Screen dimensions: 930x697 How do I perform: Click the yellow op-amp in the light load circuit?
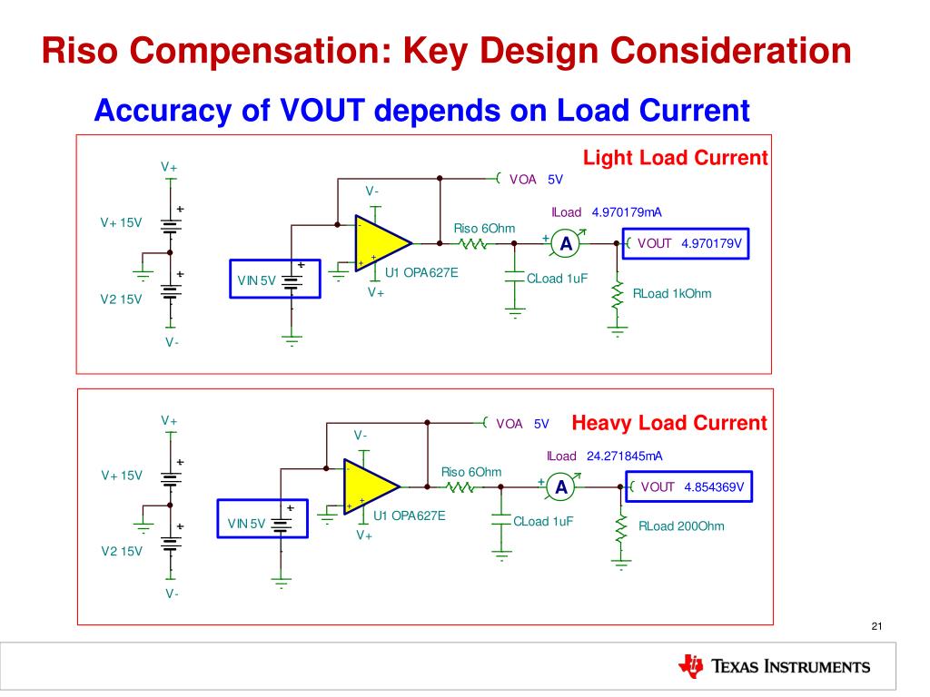pos(380,243)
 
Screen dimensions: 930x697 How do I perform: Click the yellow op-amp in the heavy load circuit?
pos(369,486)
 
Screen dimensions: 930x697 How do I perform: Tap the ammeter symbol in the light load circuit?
pos(567,243)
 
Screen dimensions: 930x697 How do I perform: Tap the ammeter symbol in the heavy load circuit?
pos(561,486)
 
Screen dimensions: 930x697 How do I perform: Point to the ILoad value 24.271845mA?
pos(625,456)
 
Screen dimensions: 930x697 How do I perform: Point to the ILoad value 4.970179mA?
pos(627,212)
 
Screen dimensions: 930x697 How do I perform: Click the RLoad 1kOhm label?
pos(672,293)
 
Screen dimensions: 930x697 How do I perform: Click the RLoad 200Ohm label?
pos(681,526)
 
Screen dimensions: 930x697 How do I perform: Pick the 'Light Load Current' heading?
pos(675,158)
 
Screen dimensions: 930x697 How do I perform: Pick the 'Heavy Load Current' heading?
pos(669,423)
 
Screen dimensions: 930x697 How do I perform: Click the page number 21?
pos(876,626)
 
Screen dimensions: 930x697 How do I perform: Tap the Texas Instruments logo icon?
pos(691,665)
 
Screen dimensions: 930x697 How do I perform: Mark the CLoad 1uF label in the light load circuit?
pos(557,279)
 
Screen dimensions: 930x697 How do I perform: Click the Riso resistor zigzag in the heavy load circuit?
pos(460,487)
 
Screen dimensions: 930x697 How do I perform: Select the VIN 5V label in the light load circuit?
pos(256,280)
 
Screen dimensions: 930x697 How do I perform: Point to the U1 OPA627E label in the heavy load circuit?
pos(410,515)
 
